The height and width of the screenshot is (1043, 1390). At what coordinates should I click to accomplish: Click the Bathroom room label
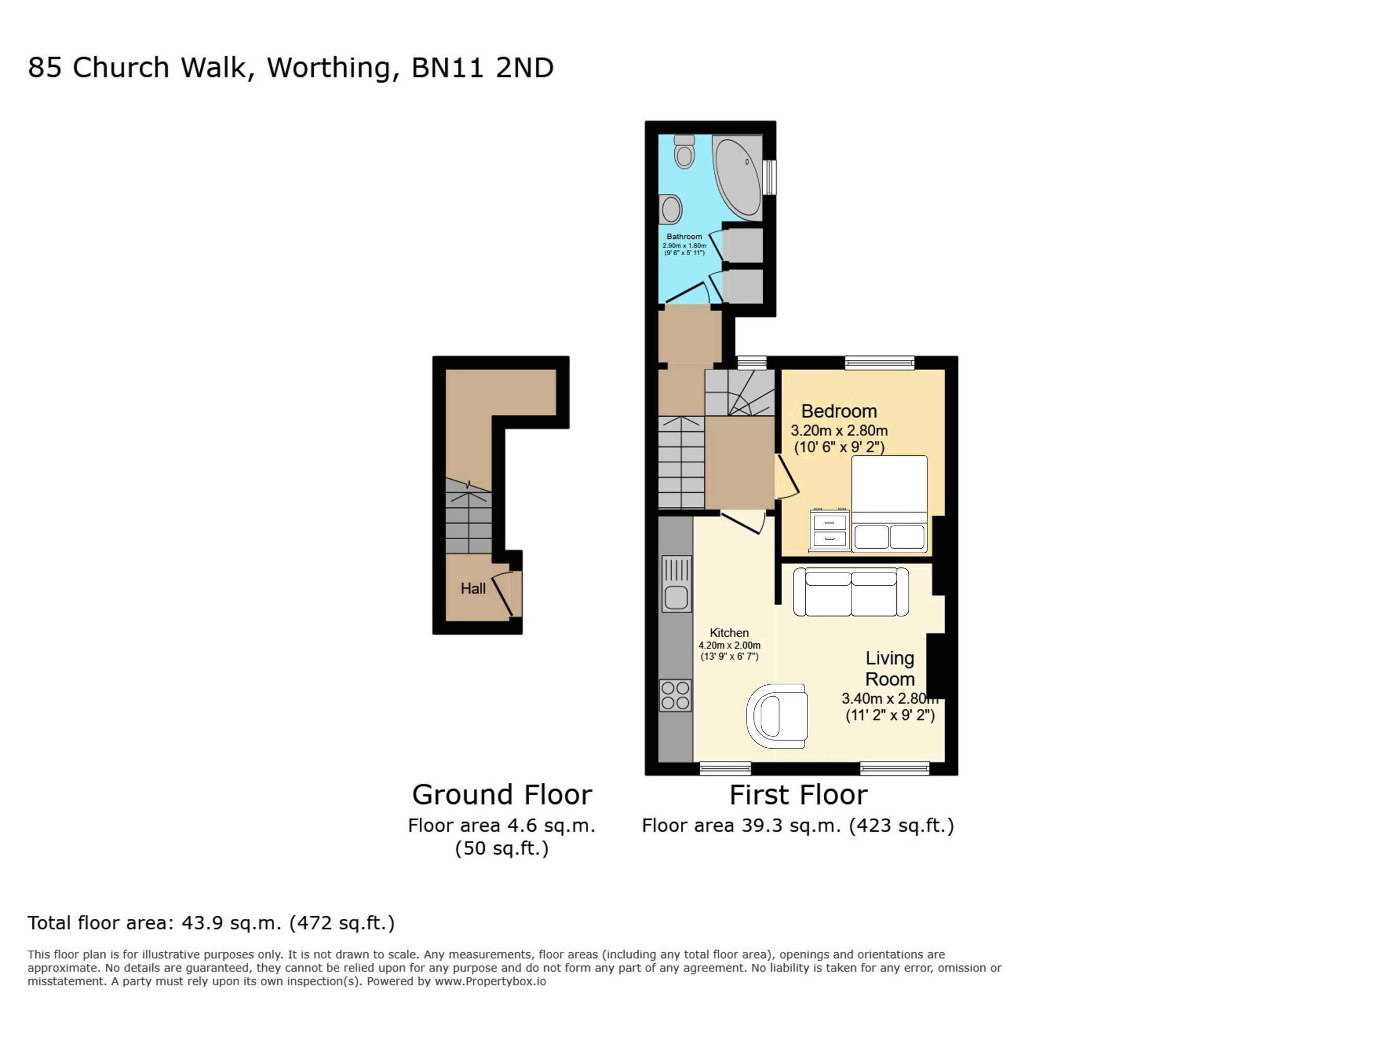coord(685,236)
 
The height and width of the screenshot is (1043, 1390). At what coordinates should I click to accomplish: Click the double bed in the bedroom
coord(889,504)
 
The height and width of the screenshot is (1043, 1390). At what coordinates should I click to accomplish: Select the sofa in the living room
coord(851,591)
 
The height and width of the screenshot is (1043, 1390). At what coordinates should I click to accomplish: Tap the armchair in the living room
coord(777,716)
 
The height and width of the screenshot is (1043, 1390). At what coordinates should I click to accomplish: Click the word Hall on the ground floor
coord(473,588)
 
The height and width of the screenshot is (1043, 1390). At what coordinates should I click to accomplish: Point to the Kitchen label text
coord(729,633)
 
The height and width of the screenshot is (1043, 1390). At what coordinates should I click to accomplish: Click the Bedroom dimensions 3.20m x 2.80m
coord(839,431)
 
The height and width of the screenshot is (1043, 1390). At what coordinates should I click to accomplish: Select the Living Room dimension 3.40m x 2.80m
coord(890,698)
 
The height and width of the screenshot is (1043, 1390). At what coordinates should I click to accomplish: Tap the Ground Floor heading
coord(502,795)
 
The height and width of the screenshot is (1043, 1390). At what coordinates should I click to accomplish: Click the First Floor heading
coord(798,795)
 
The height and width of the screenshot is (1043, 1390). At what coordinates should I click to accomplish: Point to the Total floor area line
coord(211,923)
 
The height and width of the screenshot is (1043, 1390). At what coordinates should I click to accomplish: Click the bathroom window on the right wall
coord(770,177)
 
